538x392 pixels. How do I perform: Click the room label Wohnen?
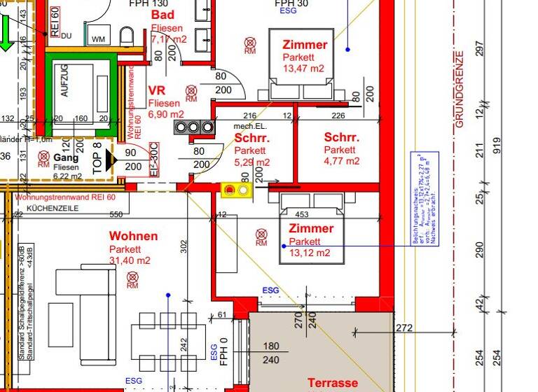[133, 237]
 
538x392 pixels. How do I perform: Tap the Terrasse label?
[333, 383]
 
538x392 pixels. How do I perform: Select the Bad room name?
[163, 15]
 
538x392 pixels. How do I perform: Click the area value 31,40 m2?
[130, 261]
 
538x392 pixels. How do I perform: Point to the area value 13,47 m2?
[303, 69]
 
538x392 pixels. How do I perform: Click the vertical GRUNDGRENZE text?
[460, 89]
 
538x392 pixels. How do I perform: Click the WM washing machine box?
[98, 37]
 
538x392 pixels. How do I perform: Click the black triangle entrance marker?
[108, 161]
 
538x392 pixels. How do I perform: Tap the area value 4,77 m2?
[341, 161]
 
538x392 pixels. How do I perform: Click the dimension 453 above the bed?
[302, 215]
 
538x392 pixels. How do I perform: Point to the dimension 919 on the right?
[498, 145]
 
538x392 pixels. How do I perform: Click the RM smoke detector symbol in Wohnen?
[132, 280]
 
